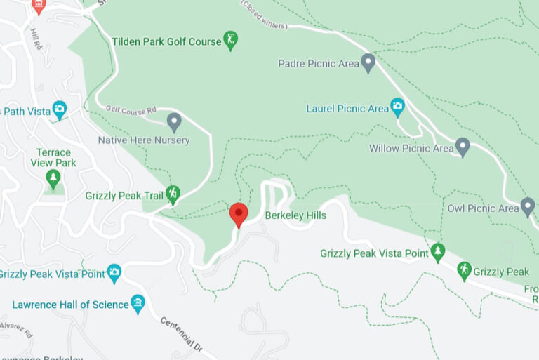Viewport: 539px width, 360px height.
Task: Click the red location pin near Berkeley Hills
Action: pos(239,213)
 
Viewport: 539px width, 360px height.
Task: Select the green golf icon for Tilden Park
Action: pos(230,40)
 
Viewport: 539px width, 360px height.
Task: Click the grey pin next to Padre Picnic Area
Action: pos(368,62)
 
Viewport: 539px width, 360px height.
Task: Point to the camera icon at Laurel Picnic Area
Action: pos(398,108)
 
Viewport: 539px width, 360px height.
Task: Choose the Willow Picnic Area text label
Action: pos(411,149)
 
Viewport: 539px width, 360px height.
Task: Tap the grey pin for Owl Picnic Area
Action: pos(528,207)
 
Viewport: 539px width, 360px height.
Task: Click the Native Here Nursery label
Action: pos(144,140)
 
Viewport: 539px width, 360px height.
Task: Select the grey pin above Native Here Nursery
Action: pos(175,123)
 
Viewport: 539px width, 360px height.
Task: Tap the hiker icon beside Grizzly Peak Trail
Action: pos(173,194)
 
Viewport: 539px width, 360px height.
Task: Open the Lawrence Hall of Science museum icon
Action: pos(138,304)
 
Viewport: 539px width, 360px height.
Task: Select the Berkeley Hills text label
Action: pos(295,215)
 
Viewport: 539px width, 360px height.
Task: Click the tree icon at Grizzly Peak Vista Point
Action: pos(438,251)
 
